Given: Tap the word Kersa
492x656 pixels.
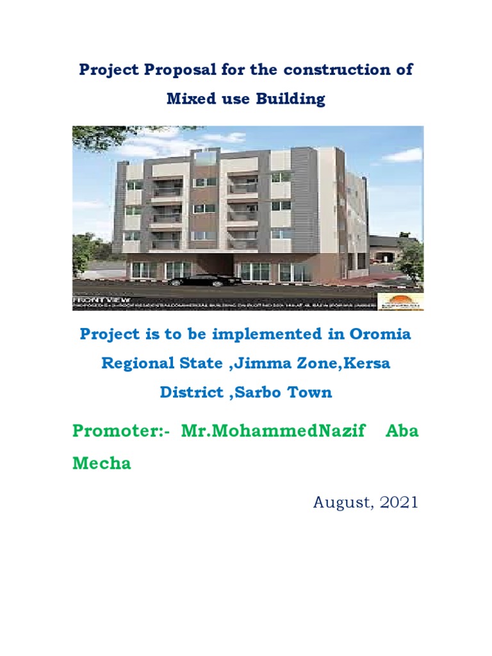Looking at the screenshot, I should (x=367, y=363).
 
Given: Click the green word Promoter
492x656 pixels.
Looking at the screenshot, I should (x=117, y=430).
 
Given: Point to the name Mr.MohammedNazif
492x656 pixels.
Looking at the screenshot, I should (x=274, y=430).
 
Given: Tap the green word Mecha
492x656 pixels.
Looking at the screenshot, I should (x=102, y=463).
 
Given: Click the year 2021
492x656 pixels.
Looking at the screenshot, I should (x=398, y=502).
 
